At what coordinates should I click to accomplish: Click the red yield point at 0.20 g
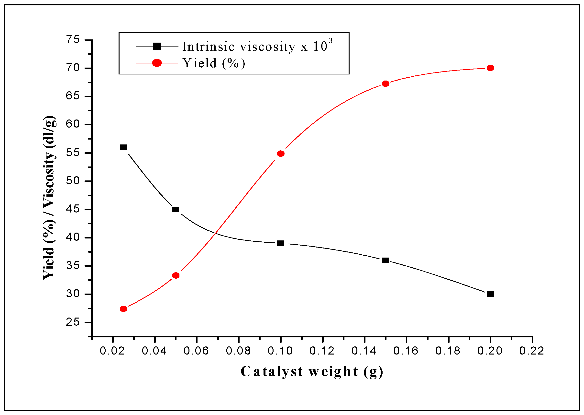point(490,68)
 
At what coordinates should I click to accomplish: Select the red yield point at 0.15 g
point(386,83)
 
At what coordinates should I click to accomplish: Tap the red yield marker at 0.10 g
point(281,154)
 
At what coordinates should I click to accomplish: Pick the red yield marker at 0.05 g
point(176,275)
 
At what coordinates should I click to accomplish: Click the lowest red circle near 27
point(123,309)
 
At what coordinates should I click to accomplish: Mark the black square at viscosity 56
point(123,147)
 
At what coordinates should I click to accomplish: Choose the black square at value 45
point(176,210)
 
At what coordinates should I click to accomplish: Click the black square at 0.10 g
point(281,243)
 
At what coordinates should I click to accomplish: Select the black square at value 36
point(386,260)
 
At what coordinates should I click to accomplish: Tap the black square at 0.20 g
point(490,294)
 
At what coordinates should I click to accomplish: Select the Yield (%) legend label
point(214,63)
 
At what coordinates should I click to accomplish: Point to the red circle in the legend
point(157,63)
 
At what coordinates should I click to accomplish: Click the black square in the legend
point(157,46)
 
